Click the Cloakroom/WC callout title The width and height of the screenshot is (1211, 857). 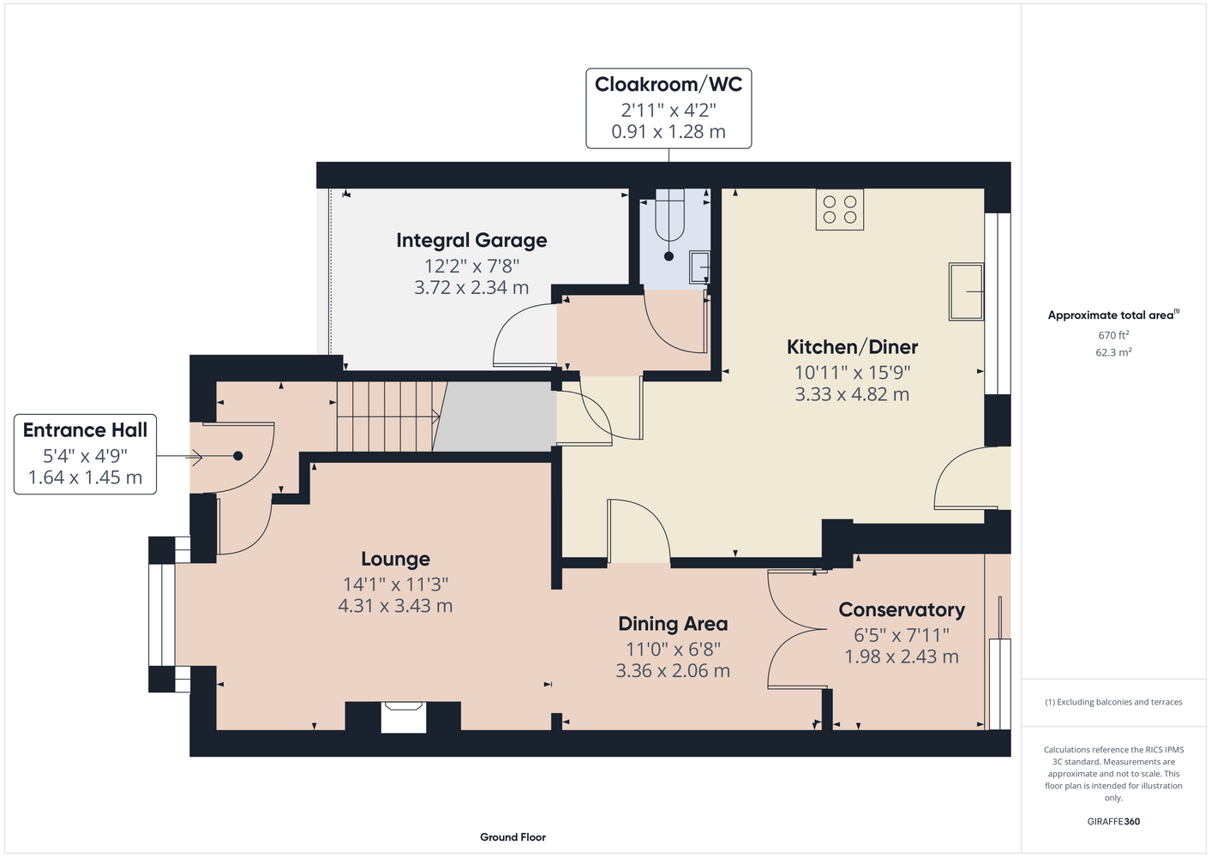point(668,84)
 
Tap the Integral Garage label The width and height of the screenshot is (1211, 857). point(471,241)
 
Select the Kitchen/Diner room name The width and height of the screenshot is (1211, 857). point(852,347)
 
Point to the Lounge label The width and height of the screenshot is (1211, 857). point(395,559)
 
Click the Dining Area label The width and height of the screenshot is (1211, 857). point(673,624)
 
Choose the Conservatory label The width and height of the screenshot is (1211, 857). point(902,610)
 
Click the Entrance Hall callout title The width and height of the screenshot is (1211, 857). point(85,430)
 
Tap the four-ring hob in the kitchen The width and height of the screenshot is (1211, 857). point(839,209)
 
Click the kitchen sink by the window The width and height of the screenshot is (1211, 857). point(966,291)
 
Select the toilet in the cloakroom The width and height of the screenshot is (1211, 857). point(669,215)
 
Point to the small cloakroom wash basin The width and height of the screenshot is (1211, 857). point(699,267)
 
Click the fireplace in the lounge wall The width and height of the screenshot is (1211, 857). point(404,717)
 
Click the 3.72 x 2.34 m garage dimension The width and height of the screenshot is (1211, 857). point(471,287)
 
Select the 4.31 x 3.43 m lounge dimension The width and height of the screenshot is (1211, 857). point(395,606)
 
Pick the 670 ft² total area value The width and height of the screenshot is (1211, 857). point(1113,335)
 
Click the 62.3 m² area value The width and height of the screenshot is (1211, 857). point(1113,352)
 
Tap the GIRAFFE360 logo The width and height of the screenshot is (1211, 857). point(1113,821)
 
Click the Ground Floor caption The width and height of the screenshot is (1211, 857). point(513,837)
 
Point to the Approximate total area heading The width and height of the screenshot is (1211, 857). point(1113,315)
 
